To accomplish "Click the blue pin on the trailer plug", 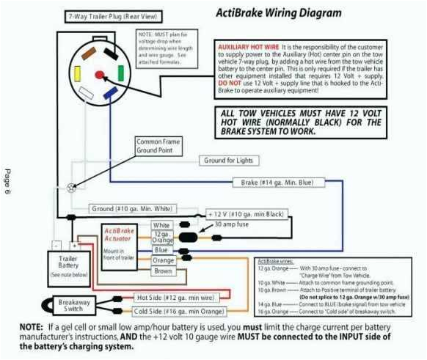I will click(x=111, y=92).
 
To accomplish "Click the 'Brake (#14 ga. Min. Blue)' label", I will click(x=275, y=181).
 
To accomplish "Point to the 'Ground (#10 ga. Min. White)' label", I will click(x=133, y=209).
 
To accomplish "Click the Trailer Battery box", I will click(x=69, y=266).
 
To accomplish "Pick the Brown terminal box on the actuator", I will click(x=162, y=271).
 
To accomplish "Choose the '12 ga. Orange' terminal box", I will click(x=162, y=237).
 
